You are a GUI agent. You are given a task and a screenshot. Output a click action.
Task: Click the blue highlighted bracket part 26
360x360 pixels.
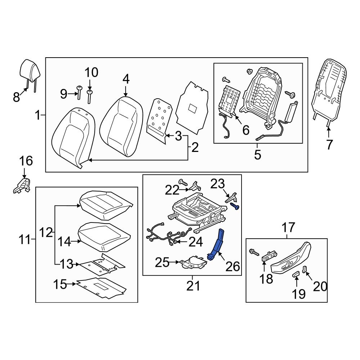tap(217, 245)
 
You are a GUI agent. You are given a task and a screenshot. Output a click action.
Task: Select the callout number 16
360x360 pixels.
tap(26, 161)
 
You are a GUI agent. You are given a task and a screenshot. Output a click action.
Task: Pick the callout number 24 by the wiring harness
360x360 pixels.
tap(195, 242)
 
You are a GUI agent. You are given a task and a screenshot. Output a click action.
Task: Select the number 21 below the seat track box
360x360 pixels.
tap(192, 286)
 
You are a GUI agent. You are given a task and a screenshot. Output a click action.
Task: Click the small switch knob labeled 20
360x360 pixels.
tap(304, 269)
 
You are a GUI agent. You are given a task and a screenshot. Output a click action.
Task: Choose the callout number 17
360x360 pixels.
tap(288, 228)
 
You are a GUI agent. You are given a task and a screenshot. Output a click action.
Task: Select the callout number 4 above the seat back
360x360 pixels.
tap(125, 78)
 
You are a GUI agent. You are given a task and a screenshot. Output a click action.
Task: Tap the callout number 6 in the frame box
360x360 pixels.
tap(246, 130)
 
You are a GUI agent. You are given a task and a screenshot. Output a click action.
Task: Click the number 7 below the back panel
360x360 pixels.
tap(329, 144)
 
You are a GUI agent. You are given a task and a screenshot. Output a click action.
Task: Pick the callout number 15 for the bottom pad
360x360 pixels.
tap(60, 284)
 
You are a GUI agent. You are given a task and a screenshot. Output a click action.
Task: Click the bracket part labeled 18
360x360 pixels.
tap(268, 257)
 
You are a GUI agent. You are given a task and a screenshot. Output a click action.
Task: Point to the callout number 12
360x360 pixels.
tap(46, 233)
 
